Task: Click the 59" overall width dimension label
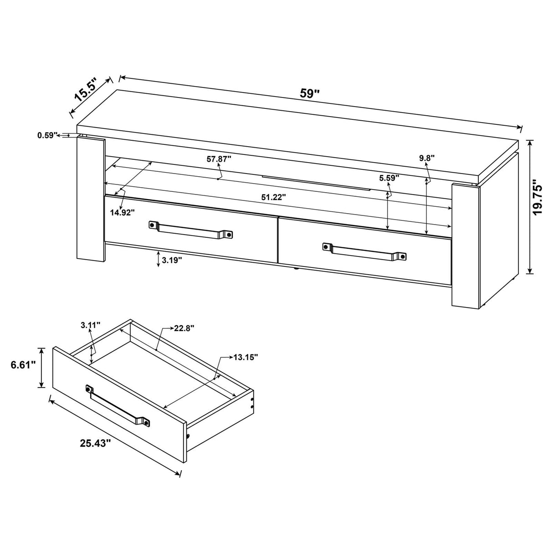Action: (310, 94)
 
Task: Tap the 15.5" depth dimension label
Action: (86, 89)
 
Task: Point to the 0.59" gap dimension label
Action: (47, 135)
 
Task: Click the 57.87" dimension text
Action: (219, 159)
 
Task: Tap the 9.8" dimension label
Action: (427, 158)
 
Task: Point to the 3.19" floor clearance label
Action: (172, 260)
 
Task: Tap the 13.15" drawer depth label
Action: (246, 357)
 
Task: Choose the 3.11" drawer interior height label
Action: (90, 325)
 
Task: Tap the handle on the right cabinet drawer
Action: (364, 251)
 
